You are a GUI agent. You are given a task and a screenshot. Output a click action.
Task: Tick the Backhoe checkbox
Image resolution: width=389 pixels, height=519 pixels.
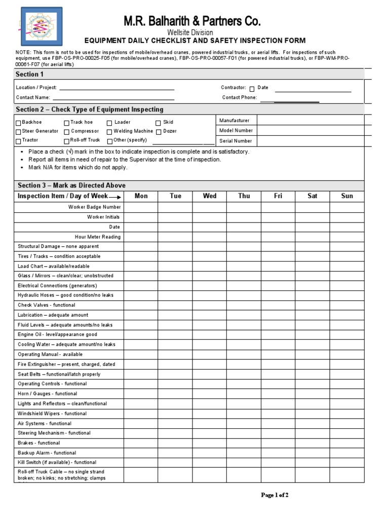click(19, 123)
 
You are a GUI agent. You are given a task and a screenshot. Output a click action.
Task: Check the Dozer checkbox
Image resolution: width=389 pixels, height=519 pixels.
click(159, 132)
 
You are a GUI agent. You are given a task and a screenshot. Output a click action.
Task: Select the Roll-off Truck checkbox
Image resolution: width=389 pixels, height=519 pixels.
click(66, 141)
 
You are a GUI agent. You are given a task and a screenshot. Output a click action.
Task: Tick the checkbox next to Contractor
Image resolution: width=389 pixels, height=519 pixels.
click(252, 88)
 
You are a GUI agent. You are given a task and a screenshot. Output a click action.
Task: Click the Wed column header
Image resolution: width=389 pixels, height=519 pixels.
click(209, 196)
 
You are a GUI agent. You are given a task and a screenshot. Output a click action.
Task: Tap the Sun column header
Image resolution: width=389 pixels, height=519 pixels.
click(346, 196)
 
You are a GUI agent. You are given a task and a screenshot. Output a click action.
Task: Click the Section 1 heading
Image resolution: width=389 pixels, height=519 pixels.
click(30, 75)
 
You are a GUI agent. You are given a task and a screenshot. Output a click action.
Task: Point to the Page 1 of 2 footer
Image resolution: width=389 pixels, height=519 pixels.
click(275, 495)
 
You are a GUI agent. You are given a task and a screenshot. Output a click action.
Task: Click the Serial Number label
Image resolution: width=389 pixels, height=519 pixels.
click(235, 141)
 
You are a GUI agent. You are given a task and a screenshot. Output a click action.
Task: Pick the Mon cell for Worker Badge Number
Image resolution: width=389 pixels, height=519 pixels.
click(141, 207)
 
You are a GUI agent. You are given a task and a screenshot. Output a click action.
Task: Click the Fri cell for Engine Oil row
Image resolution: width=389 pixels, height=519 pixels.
click(278, 335)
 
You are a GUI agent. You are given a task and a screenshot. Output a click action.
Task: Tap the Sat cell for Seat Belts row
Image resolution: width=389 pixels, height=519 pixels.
click(313, 374)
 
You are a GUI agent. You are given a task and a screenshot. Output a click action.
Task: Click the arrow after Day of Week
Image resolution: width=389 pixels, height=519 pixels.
click(115, 197)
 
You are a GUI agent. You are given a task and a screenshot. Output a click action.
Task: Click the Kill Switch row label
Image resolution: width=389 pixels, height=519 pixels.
click(57, 462)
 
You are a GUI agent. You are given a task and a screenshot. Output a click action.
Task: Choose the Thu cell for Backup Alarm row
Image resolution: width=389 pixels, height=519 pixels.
click(244, 453)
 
